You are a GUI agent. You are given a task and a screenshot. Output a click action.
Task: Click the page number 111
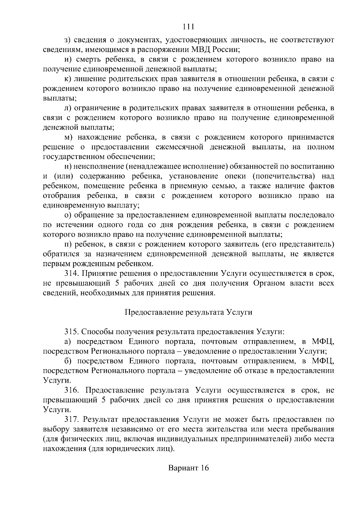pos(188,26)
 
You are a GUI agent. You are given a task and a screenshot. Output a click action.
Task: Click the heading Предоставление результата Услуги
pos(188,312)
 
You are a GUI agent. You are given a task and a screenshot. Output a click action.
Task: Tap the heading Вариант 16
pos(188,468)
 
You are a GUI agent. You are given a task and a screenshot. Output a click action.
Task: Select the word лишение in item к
pos(89,79)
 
